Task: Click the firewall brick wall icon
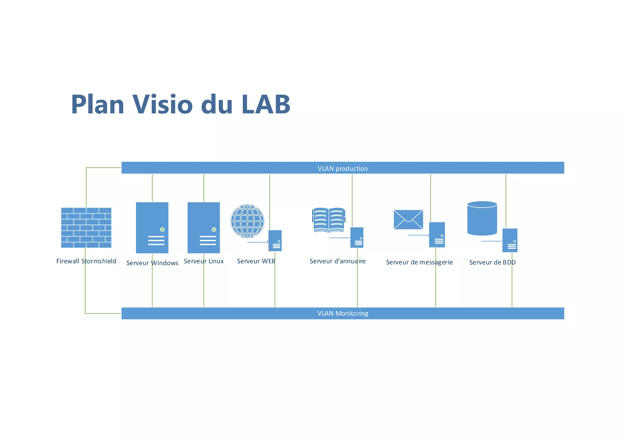(86, 228)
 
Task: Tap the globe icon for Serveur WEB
(247, 221)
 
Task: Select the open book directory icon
(329, 220)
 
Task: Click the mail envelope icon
(408, 219)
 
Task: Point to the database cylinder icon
(482, 219)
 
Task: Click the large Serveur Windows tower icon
(152, 227)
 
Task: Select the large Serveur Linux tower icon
(204, 227)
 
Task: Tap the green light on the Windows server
(162, 229)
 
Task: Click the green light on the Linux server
(214, 229)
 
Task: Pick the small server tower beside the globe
(275, 240)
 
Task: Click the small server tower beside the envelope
(437, 235)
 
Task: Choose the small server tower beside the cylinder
(510, 240)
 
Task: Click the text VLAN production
(342, 169)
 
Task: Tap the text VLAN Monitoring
(342, 313)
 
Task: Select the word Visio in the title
(162, 104)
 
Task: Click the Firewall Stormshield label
(86, 261)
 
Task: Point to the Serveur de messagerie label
(419, 262)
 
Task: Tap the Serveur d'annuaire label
(337, 261)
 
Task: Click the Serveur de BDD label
(492, 262)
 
